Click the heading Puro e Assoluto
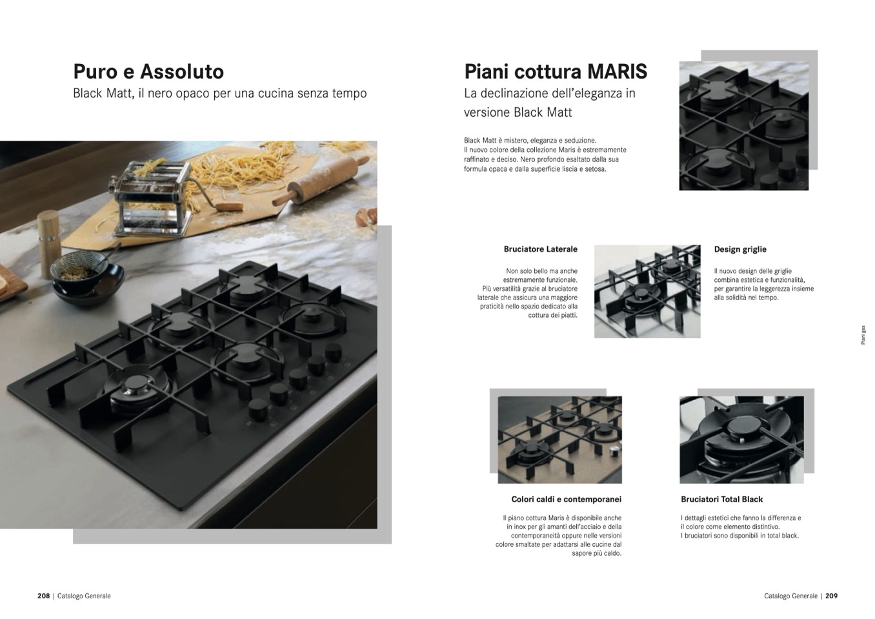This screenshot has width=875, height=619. (x=148, y=72)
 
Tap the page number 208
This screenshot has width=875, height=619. (x=44, y=596)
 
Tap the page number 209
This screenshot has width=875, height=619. (x=831, y=596)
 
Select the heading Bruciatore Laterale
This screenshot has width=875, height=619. (x=540, y=249)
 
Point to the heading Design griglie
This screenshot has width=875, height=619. (x=740, y=249)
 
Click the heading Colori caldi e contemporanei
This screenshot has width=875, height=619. (x=566, y=499)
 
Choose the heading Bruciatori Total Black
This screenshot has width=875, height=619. (x=722, y=499)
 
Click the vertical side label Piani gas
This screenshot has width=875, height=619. (x=863, y=335)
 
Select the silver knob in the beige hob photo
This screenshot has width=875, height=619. (x=614, y=450)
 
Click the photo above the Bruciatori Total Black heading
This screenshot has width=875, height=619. (x=741, y=440)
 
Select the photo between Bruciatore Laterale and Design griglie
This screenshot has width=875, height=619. (x=647, y=291)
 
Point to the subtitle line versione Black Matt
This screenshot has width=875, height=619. (x=518, y=112)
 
